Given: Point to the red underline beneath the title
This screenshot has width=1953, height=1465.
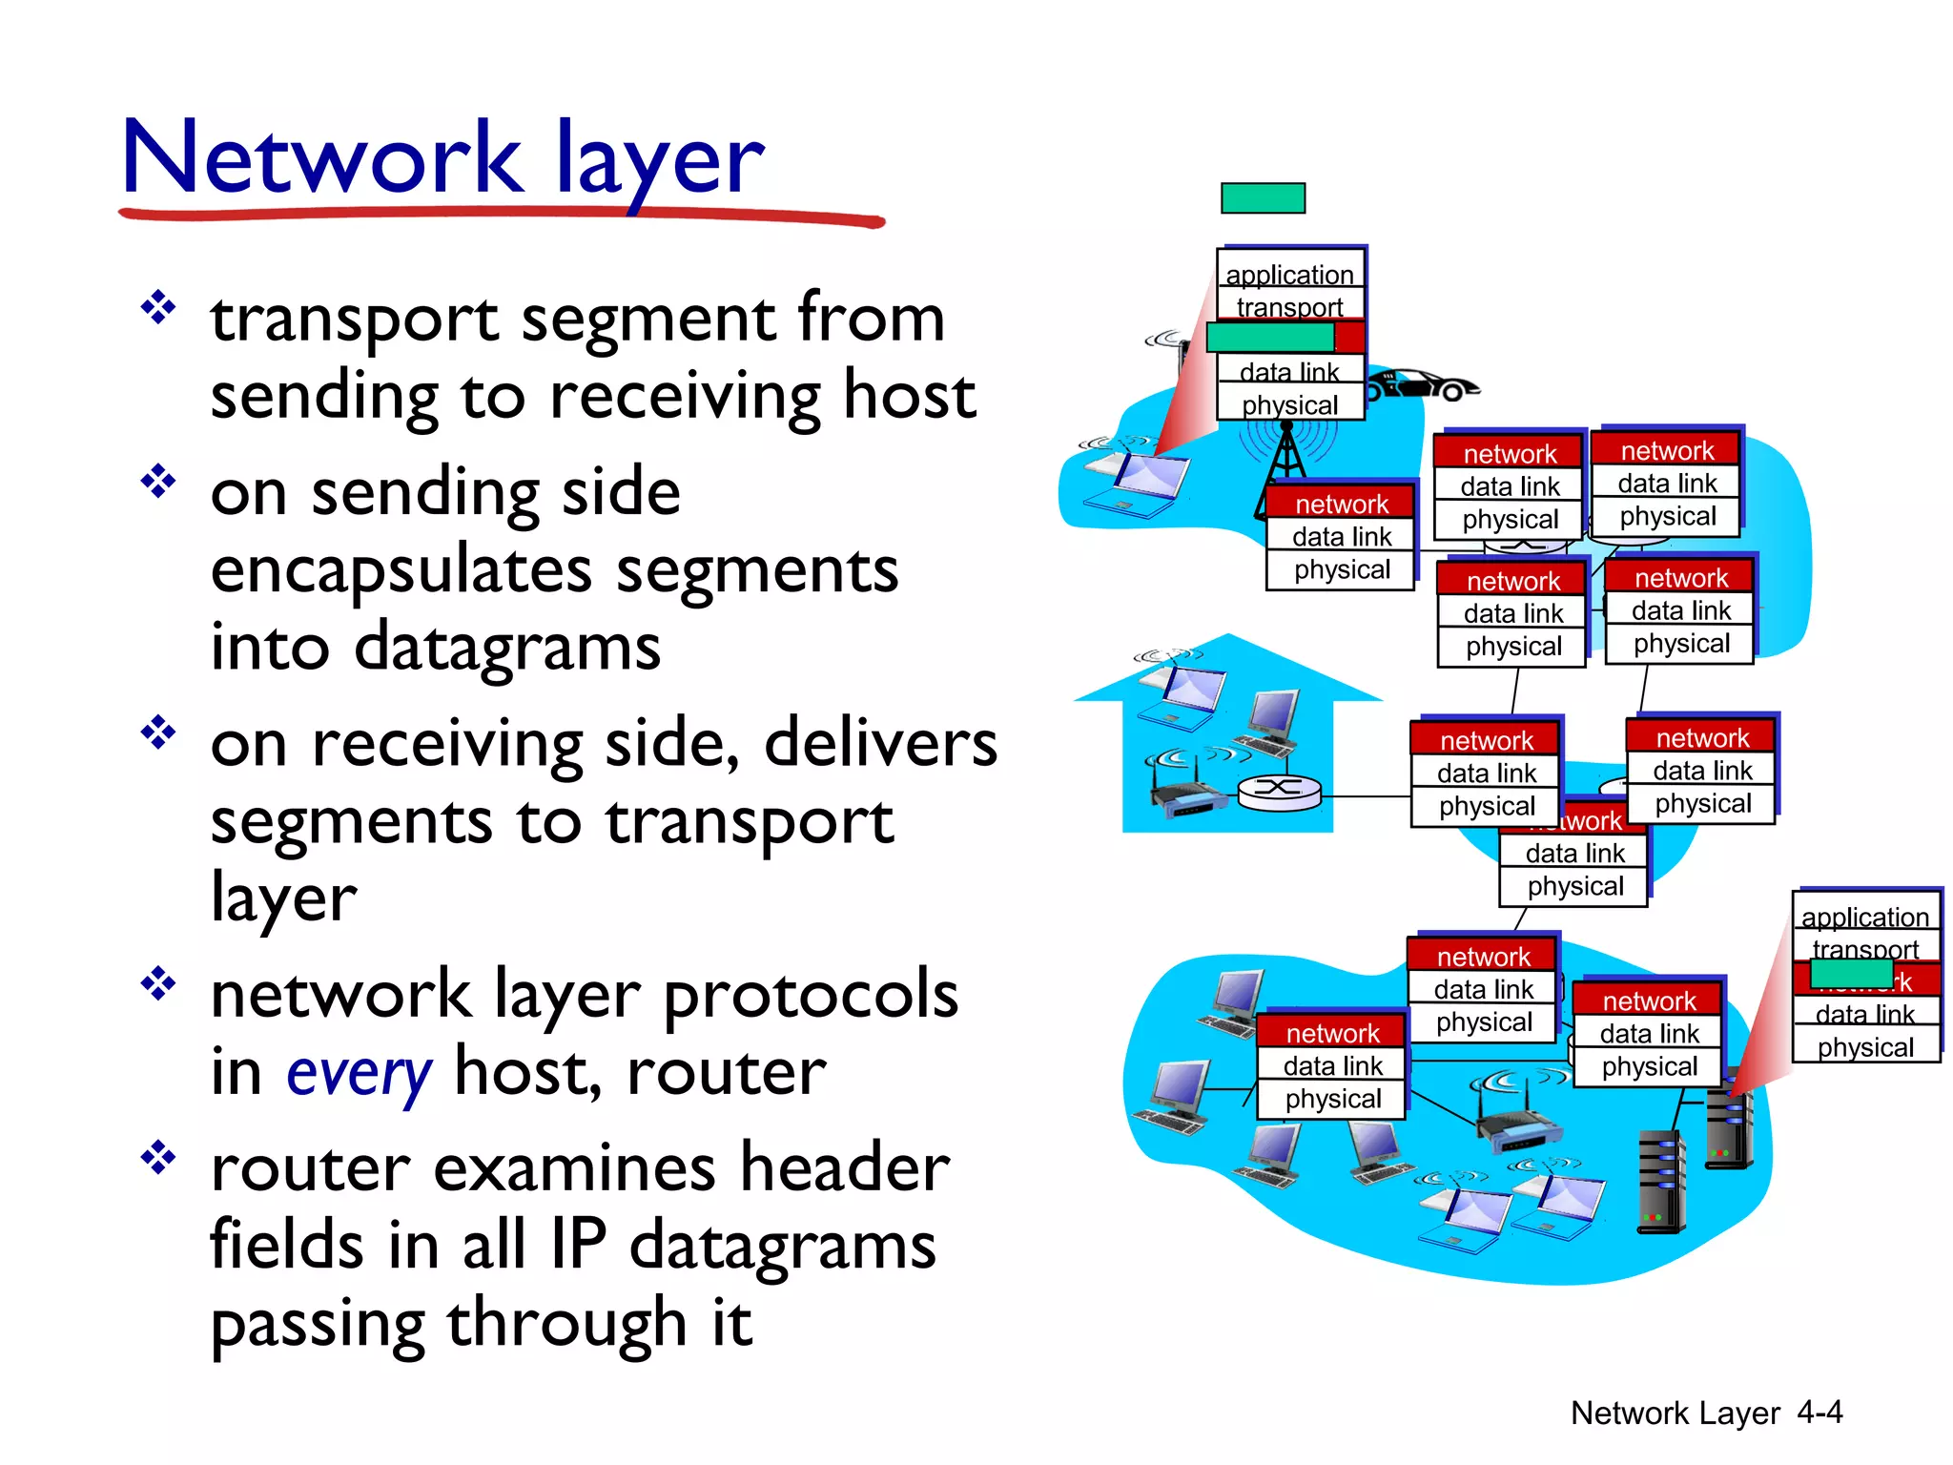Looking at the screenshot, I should pos(502,217).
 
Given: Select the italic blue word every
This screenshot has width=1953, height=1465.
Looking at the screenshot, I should pos(360,1073).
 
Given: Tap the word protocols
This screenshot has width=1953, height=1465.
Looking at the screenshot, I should pos(811,994).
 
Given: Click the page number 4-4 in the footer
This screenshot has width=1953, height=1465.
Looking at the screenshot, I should pos(1819,1412).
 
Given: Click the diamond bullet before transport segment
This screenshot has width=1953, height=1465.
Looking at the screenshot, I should pos(158,308).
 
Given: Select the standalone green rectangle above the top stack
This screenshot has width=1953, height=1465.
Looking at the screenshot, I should pos(1263,198).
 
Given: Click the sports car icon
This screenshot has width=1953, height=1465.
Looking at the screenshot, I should pos(1421,384).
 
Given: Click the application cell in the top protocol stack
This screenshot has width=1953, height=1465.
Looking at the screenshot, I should pos(1289,275).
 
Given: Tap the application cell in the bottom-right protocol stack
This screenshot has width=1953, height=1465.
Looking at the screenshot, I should pos(1864,917).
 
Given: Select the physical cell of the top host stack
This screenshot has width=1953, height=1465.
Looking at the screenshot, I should pos(1289,404).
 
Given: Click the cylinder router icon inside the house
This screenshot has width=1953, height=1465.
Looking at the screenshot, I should pos(1279,790).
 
